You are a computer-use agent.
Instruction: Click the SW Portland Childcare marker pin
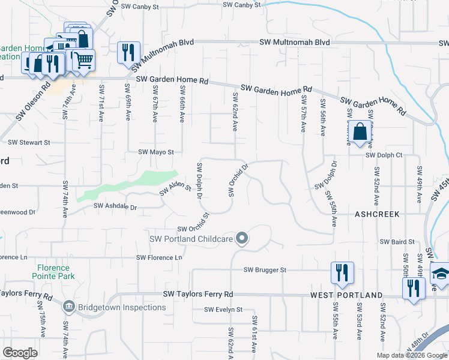242,239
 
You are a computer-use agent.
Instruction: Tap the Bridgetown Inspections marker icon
68,307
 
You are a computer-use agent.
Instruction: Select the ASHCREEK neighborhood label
376,214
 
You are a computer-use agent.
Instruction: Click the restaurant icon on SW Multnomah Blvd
129,52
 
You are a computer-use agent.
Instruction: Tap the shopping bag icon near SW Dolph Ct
359,131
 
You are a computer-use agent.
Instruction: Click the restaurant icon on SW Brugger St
342,272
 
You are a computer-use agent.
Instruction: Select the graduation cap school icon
441,274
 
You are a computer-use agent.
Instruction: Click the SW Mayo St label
156,152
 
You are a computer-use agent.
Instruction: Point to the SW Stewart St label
29,143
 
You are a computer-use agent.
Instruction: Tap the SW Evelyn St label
223,310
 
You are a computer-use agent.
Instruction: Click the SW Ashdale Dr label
115,207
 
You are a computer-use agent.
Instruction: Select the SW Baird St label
397,241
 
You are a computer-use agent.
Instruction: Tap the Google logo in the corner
20,353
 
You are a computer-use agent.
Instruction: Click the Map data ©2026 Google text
412,355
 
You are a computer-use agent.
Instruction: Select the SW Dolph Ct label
388,155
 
